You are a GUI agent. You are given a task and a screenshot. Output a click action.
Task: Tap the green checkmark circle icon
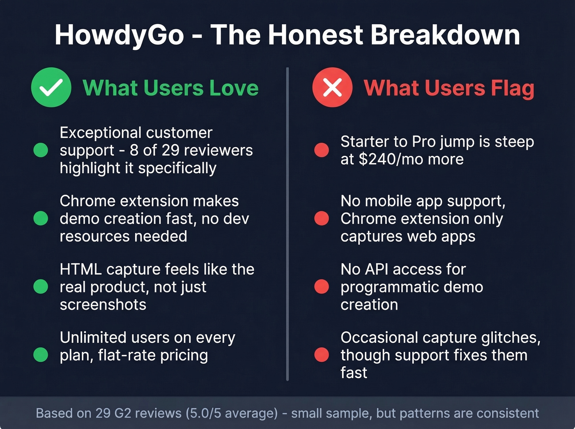pos(51,87)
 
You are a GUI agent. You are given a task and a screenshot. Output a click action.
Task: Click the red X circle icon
pos(332,87)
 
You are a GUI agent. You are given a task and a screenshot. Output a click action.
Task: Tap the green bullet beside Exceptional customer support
pos(41,150)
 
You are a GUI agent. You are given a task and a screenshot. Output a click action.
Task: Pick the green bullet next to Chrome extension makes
pos(41,218)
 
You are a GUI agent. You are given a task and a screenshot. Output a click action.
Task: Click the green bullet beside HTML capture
pos(41,287)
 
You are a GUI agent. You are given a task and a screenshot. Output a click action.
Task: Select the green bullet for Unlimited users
pos(41,355)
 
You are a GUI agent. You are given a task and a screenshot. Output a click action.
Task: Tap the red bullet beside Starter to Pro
pos(322,150)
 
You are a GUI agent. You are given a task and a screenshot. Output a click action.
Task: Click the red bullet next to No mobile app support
pos(322,218)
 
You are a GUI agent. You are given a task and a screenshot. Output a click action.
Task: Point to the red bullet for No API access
pos(322,287)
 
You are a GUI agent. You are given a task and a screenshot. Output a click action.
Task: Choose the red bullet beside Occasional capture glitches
pos(322,355)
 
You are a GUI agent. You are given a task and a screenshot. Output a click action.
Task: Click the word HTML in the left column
pos(80,269)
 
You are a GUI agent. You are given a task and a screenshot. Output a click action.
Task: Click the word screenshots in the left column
pos(103,305)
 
